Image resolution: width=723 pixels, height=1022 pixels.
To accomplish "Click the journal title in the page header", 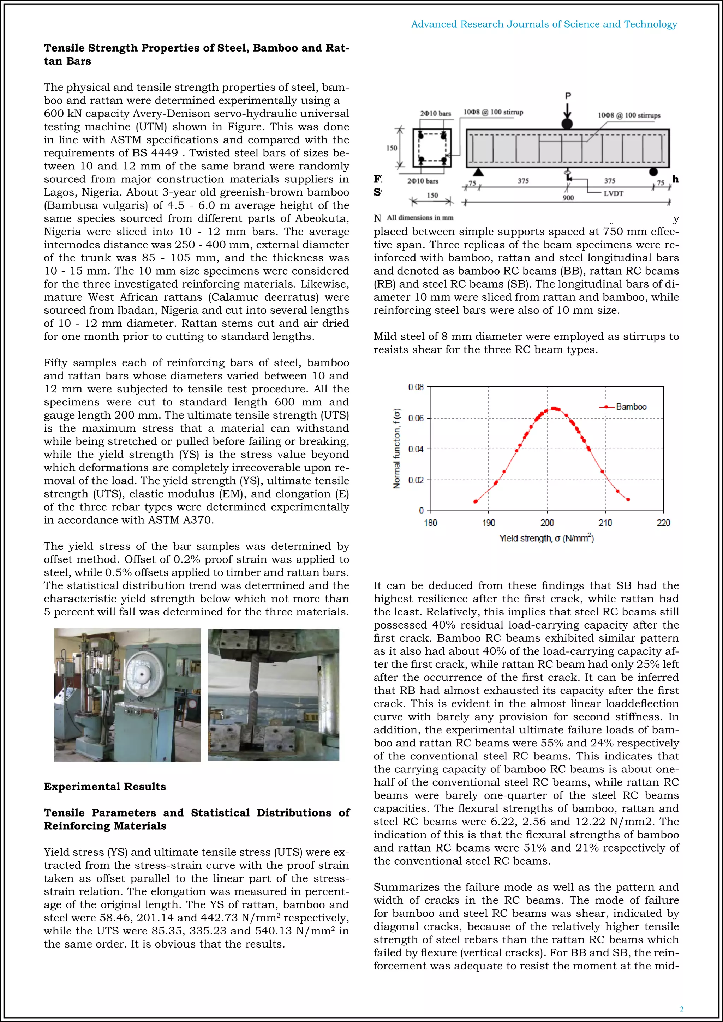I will point(544,24).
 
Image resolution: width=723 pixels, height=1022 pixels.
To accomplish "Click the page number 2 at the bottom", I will point(681,1009).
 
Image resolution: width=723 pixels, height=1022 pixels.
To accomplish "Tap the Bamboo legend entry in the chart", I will point(631,407).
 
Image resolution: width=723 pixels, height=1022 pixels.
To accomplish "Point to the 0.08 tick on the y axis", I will point(416,387).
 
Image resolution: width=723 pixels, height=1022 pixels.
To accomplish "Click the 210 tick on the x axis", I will point(605,523).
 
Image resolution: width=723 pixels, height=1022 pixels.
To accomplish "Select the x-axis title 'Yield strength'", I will point(546,538).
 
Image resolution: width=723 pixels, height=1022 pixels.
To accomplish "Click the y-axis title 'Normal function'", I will point(397,448).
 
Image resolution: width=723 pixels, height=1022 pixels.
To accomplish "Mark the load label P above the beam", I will point(568,96).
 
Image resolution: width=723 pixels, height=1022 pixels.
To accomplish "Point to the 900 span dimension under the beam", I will point(568,198).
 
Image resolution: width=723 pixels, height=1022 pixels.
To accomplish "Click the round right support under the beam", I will point(653,172).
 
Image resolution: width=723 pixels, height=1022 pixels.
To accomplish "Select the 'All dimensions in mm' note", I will point(420,218).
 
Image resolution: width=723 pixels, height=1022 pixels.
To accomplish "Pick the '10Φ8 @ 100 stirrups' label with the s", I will point(629,115).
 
